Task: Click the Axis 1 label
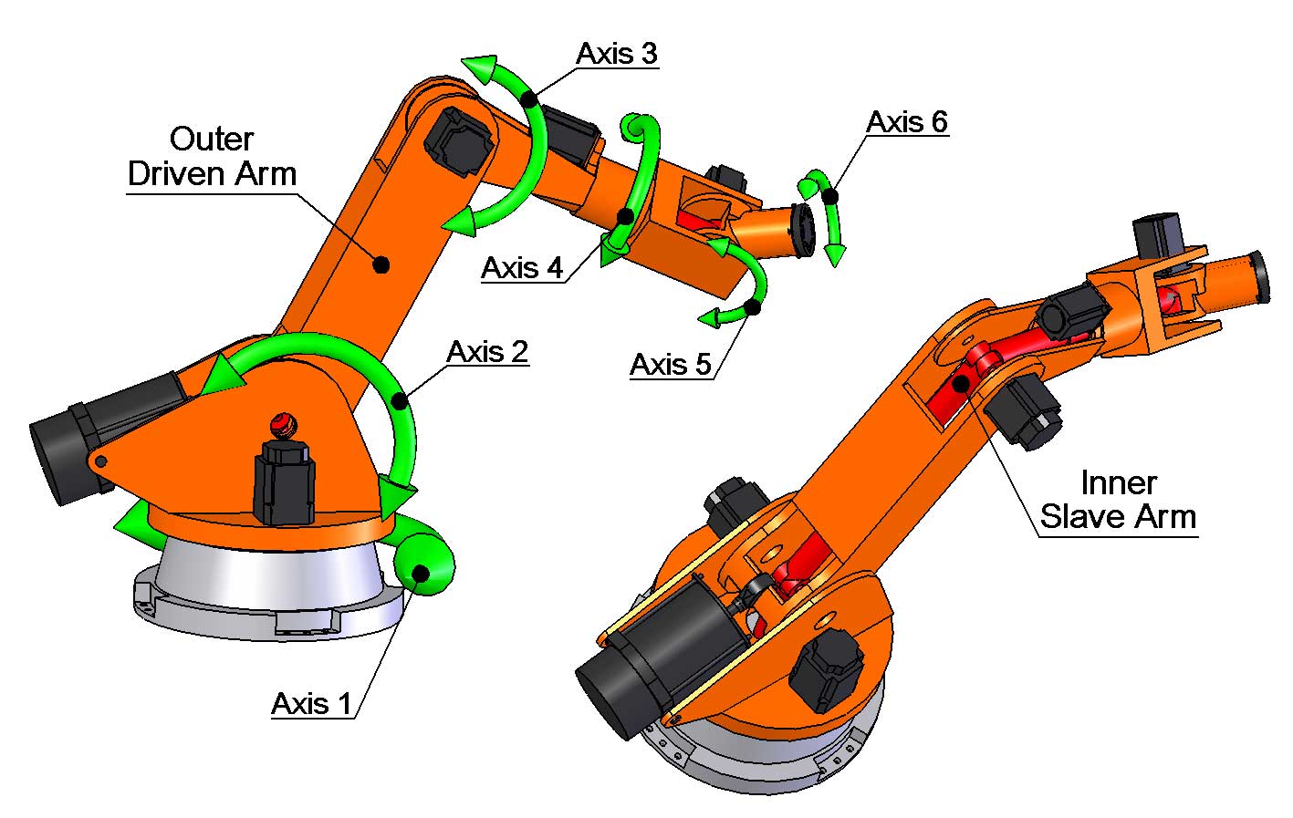coord(311,704)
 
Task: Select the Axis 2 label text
coord(487,352)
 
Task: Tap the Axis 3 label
coord(616,54)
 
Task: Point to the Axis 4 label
coord(522,268)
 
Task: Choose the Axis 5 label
coord(671,365)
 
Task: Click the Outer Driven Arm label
coord(212,156)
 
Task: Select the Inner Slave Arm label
coord(1118,500)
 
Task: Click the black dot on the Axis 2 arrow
coord(399,400)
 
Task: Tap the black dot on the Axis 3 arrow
coord(528,98)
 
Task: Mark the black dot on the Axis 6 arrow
coord(830,196)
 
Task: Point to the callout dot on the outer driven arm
coord(381,264)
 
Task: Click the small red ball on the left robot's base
coord(283,423)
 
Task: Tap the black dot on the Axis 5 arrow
coord(754,307)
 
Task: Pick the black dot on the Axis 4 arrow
coord(625,217)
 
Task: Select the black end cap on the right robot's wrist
coord(1259,275)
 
